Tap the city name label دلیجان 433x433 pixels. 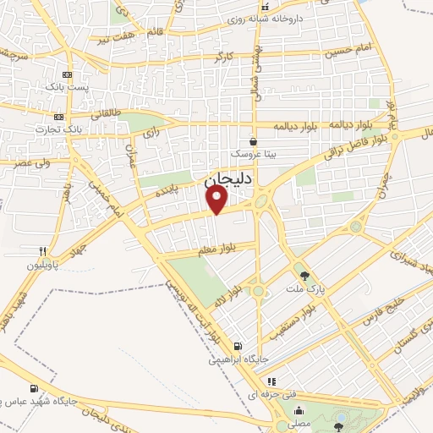click(222, 179)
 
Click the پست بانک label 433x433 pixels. click(68, 85)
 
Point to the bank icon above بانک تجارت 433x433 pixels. click(58, 117)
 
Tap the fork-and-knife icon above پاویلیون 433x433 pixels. click(42, 251)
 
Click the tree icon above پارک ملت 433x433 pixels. click(304, 275)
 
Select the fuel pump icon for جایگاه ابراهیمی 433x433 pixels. click(238, 345)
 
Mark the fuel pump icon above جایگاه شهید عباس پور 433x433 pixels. click(34, 388)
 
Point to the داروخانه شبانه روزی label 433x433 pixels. click(304, 17)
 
